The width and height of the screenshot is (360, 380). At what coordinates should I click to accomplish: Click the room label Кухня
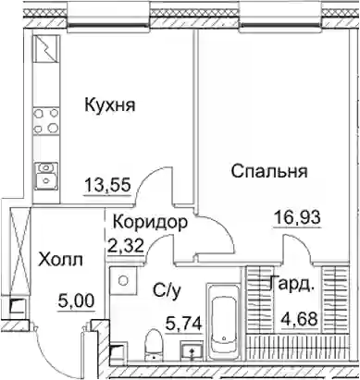tap(110, 105)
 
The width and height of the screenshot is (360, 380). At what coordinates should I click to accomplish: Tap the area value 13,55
tap(108, 186)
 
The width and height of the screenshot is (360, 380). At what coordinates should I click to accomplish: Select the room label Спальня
tap(269, 171)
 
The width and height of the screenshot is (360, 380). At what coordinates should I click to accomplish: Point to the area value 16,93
tap(298, 218)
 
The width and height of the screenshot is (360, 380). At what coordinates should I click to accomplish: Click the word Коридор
tap(150, 222)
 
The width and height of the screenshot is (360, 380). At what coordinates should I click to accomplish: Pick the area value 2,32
tap(125, 245)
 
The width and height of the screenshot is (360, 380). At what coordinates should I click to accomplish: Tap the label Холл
tap(60, 260)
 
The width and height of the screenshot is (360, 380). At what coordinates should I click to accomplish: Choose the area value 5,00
tap(76, 301)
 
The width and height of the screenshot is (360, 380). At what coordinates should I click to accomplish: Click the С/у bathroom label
tap(166, 290)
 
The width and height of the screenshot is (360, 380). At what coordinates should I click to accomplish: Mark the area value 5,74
tap(184, 325)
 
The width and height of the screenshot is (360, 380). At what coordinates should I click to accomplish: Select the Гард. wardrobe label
tap(292, 284)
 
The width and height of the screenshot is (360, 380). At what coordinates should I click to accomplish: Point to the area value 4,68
tap(299, 319)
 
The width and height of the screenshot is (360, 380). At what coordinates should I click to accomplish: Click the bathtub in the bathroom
tap(224, 322)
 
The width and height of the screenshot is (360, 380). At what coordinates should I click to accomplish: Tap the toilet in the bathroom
tap(155, 345)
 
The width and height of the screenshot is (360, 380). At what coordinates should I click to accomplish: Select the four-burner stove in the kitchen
tap(45, 120)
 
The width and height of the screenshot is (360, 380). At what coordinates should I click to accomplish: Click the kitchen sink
tap(45, 175)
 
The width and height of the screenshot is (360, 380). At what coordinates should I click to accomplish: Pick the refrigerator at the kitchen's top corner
tap(45, 48)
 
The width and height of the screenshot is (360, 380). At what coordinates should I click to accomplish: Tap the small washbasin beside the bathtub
tap(192, 351)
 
